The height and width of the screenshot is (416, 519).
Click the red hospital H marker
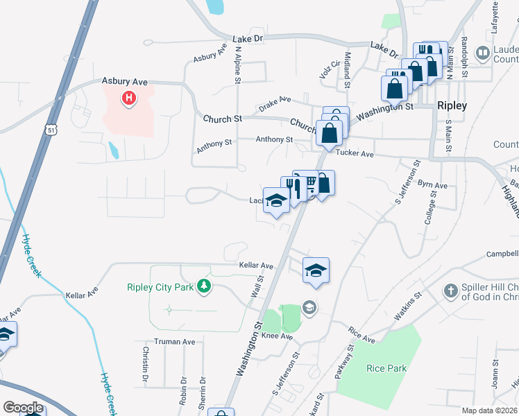(128, 99)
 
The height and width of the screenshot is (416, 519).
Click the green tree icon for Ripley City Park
(203, 286)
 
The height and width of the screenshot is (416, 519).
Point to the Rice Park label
(386, 368)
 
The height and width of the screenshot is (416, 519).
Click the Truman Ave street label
(174, 342)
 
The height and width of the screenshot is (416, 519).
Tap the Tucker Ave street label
(355, 153)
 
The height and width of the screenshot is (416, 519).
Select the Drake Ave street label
(275, 103)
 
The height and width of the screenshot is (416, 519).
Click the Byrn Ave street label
(432, 186)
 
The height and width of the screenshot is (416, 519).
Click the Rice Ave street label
(361, 336)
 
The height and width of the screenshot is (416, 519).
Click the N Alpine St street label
(237, 65)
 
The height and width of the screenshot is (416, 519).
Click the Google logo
(24, 407)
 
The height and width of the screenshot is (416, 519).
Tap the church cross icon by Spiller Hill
(452, 291)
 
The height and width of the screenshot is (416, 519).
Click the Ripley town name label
(452, 106)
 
